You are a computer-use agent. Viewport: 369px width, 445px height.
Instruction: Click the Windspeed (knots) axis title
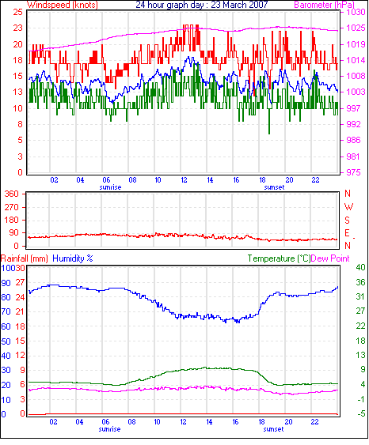[x=63, y=5]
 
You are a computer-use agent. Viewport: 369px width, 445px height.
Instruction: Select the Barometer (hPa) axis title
[x=325, y=5]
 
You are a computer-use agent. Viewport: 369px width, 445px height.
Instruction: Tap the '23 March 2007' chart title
[x=239, y=5]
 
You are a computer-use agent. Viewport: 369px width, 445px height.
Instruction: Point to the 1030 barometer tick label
[x=356, y=12]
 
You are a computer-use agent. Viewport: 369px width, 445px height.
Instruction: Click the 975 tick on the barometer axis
[x=353, y=172]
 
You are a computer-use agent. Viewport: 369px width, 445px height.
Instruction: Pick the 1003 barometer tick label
[x=356, y=92]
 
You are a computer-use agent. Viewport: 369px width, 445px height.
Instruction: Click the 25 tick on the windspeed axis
[x=18, y=12]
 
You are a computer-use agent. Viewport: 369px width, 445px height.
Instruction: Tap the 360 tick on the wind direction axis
[x=12, y=194]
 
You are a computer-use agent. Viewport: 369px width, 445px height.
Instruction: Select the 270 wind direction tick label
[x=12, y=207]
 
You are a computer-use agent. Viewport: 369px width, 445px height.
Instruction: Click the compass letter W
[x=348, y=207]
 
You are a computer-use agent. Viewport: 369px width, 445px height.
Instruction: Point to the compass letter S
[x=347, y=221]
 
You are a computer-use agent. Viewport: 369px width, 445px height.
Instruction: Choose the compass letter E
[x=347, y=233]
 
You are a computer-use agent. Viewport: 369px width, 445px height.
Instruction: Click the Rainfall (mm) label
[x=25, y=258]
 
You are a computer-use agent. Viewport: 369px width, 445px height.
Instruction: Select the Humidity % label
[x=73, y=258]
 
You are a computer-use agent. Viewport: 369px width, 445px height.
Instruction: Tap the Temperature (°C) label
[x=279, y=258]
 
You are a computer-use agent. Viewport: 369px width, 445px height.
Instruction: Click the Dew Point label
[x=330, y=258]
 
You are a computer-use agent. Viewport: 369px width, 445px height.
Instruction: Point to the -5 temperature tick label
[x=361, y=414]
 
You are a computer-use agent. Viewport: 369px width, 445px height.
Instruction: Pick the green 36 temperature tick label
[x=360, y=282]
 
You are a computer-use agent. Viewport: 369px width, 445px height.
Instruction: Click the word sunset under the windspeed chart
[x=274, y=187]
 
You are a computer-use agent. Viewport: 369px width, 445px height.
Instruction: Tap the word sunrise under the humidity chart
[x=109, y=429]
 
